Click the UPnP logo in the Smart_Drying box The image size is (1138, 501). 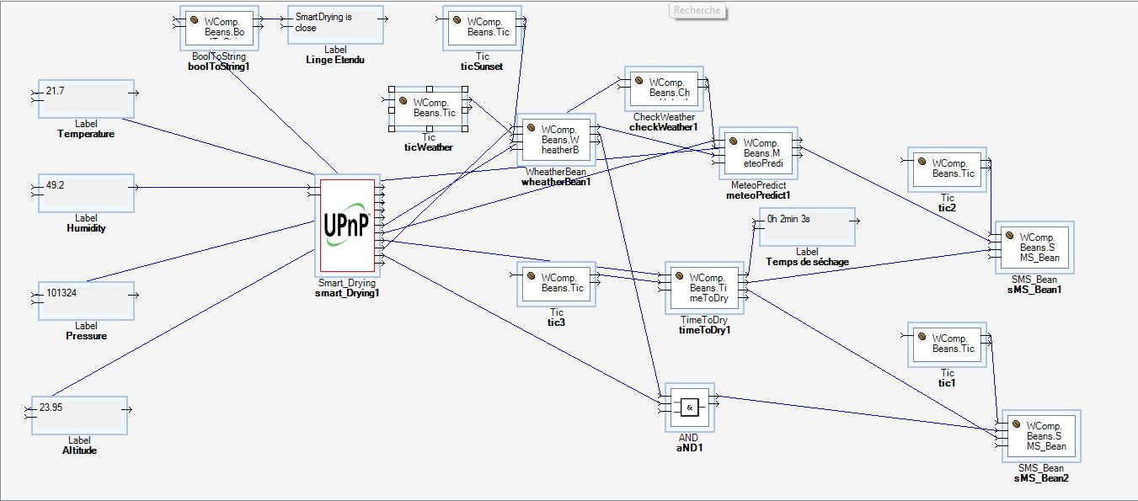(x=346, y=227)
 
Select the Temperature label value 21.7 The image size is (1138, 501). (x=56, y=90)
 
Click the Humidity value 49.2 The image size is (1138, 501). (x=56, y=184)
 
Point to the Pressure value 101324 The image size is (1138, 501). (x=63, y=294)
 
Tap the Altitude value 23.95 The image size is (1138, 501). (x=51, y=408)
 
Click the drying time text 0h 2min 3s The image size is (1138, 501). (x=788, y=219)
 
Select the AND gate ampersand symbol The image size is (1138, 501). (x=689, y=408)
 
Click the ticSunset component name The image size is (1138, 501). (x=482, y=67)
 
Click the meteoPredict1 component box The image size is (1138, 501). (x=757, y=153)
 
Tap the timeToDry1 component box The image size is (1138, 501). (x=703, y=288)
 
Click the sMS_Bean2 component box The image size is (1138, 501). (x=1040, y=436)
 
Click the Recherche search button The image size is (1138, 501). (x=697, y=10)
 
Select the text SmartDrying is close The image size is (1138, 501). (x=323, y=22)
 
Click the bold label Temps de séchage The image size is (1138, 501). (x=807, y=262)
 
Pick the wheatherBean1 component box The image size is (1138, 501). (x=556, y=140)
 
